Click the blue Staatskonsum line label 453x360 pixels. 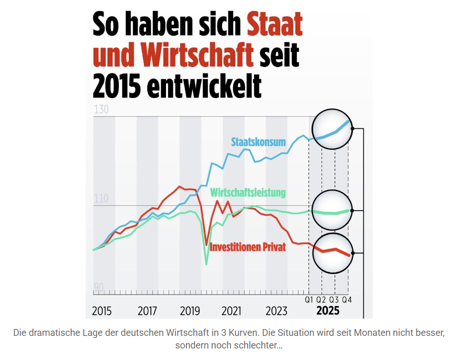tap(258, 142)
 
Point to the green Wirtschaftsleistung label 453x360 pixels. tap(248, 192)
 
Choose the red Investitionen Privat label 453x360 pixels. tap(248, 247)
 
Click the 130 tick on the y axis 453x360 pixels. tap(101, 110)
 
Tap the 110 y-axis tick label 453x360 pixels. tap(100, 199)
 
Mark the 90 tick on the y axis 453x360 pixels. tap(98, 288)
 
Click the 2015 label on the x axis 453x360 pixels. tap(102, 311)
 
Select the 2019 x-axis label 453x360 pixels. tap(190, 311)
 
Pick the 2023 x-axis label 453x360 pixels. tap(277, 311)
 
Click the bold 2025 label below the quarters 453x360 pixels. tap(328, 311)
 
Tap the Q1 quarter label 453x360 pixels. tap(309, 300)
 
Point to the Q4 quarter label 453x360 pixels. tap(346, 300)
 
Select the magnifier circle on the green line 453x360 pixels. tap(332, 211)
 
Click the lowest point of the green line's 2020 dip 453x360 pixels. tap(206, 264)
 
